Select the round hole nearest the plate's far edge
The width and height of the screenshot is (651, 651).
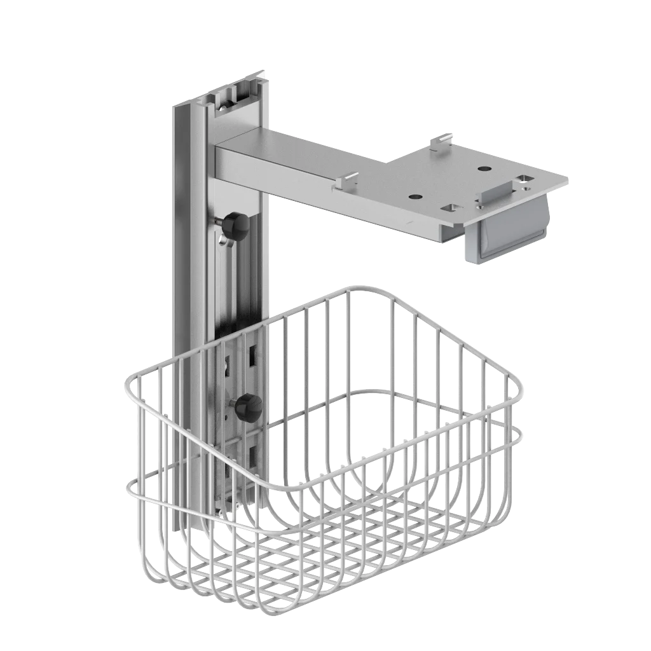(484, 169)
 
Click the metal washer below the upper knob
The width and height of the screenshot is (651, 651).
(223, 240)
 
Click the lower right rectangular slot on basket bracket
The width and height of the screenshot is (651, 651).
(253, 455)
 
